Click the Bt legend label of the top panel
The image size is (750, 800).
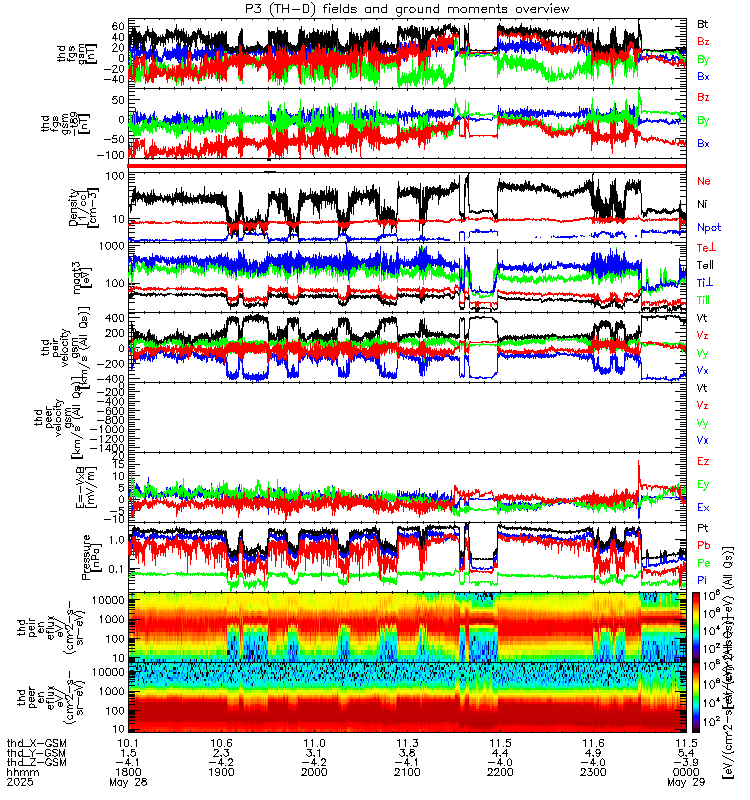click(702, 22)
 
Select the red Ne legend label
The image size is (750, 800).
click(704, 181)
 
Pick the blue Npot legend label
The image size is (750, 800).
click(708, 227)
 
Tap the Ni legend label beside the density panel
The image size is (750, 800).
click(703, 204)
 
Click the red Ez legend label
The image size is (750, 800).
click(704, 461)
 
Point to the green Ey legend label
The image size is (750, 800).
click(704, 484)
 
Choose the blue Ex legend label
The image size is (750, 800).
click(704, 507)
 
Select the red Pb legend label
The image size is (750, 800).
click(704, 545)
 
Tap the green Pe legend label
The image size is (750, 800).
click(704, 563)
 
